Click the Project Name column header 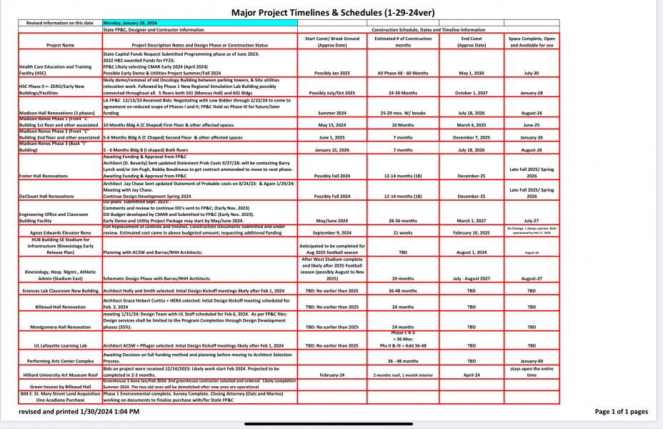tap(59, 45)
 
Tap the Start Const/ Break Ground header tap(331, 41)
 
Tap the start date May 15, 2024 tap(331, 124)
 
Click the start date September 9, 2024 tap(331, 232)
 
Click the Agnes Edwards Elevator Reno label tap(59, 232)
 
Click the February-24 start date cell tap(331, 374)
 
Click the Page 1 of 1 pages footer tap(620, 412)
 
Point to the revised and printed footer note tap(79, 412)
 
